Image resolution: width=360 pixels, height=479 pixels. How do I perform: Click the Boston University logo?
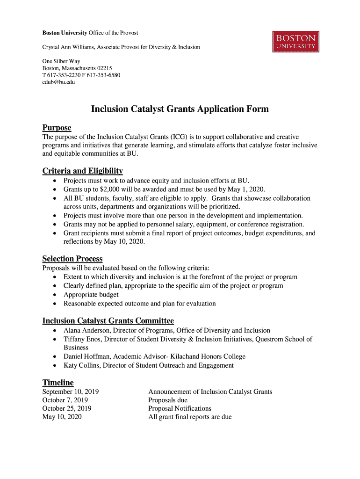(296, 42)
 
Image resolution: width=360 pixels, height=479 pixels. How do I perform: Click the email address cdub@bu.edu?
(58, 82)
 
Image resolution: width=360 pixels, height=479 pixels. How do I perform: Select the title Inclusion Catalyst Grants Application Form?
(180, 109)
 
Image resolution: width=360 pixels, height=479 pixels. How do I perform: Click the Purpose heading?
(57, 128)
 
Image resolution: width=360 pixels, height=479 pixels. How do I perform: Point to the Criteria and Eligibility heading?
(82, 171)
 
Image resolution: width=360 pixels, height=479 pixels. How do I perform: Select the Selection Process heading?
(72, 259)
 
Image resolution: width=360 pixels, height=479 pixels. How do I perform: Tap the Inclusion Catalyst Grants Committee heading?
(108, 320)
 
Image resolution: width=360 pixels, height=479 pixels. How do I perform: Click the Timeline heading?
(58, 382)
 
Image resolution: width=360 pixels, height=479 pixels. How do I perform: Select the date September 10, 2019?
(71, 392)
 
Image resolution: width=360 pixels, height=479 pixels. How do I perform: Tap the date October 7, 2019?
(65, 400)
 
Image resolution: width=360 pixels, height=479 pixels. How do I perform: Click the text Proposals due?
(168, 400)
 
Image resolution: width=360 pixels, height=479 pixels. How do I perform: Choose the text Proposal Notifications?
(180, 408)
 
